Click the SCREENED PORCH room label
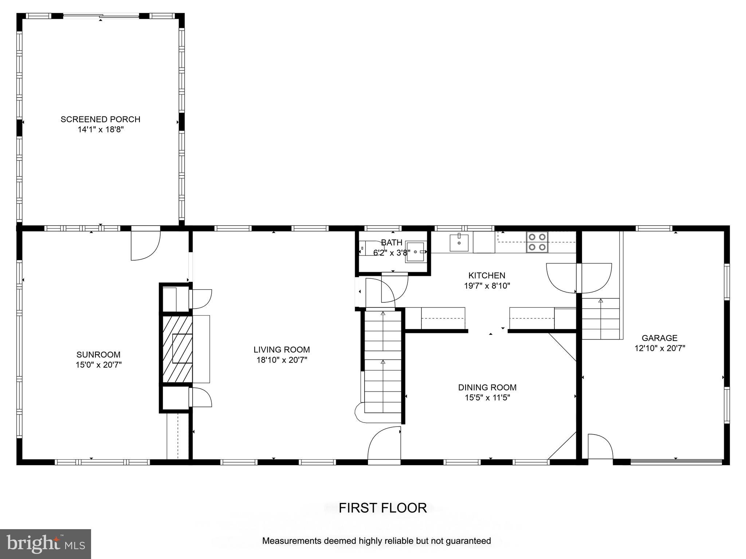pos(100,119)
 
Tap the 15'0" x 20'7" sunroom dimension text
pos(98,365)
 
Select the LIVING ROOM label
pos(282,349)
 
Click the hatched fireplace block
pos(177,349)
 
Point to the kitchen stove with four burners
pos(537,242)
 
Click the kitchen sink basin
pos(459,243)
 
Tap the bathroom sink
pos(415,252)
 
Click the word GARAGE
pos(659,338)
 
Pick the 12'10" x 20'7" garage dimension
pos(660,348)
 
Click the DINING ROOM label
pos(487,387)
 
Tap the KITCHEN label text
pos(487,275)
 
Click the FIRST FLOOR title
pos(382,508)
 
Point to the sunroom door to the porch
pos(145,244)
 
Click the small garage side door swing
pos(600,447)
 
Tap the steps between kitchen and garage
pos(600,318)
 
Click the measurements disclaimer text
pos(376,541)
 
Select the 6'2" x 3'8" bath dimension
pos(392,252)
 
